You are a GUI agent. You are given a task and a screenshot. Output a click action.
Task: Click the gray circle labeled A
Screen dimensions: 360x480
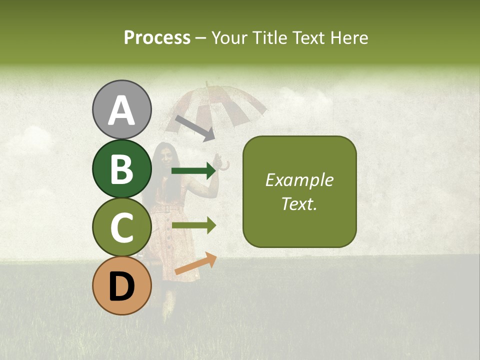[121, 109]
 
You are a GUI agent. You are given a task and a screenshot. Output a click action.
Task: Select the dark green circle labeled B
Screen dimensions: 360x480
[121, 168]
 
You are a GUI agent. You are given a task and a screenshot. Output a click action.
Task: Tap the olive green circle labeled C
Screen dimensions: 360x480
[121, 227]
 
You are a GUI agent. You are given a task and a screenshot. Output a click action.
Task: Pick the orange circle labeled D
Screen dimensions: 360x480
[121, 285]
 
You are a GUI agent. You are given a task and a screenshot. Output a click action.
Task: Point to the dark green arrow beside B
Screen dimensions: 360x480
[193, 171]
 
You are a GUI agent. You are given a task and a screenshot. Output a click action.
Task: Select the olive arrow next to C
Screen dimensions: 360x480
[193, 225]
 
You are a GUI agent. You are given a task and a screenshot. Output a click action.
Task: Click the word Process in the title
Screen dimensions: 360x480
[157, 37]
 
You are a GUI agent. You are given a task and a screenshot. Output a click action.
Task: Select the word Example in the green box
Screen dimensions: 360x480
[299, 180]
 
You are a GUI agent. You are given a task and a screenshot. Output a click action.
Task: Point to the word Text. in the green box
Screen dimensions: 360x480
[299, 204]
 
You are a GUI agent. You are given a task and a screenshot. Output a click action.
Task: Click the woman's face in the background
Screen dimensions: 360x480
[165, 157]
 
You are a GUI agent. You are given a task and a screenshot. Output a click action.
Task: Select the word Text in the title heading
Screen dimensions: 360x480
[307, 37]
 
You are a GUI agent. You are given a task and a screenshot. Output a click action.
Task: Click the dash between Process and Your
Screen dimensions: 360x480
[201, 38]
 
